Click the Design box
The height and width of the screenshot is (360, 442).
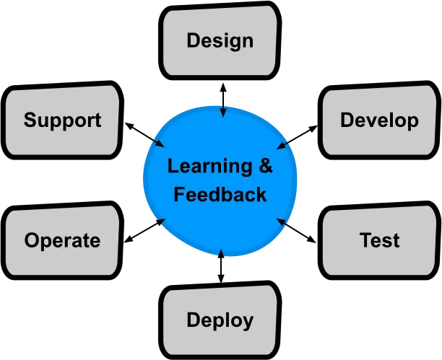click(220, 40)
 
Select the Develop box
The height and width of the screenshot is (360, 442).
click(379, 120)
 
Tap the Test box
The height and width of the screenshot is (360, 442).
click(379, 240)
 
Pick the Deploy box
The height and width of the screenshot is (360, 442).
click(220, 320)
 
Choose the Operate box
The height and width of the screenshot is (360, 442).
click(62, 240)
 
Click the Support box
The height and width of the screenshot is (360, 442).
click(62, 120)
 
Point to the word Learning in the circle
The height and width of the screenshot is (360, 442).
click(210, 167)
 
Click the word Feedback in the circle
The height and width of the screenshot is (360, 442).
click(220, 194)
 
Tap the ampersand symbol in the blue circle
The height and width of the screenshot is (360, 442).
click(266, 166)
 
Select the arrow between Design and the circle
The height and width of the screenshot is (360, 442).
click(223, 100)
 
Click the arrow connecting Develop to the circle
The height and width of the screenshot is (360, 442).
click(297, 137)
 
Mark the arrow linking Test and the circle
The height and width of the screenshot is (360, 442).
click(296, 230)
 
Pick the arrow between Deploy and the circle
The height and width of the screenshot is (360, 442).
click(221, 266)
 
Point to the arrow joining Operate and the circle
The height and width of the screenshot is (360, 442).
click(144, 230)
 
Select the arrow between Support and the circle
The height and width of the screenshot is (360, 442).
click(144, 135)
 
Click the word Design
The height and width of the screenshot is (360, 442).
click(220, 41)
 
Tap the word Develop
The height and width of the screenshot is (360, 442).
click(379, 120)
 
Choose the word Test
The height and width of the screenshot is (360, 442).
click(379, 240)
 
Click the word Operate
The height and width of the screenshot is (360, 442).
click(62, 241)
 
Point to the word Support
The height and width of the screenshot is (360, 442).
click(62, 120)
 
